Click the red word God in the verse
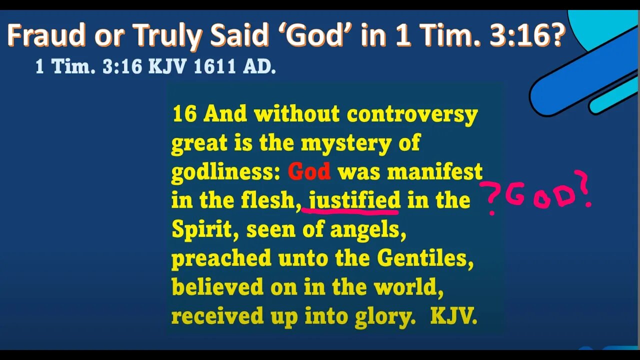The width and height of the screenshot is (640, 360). click(x=309, y=172)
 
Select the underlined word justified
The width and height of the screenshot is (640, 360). click(x=354, y=200)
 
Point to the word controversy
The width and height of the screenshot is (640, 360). click(x=412, y=115)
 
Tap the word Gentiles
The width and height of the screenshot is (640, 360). click(x=425, y=258)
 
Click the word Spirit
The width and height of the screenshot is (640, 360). click(x=202, y=230)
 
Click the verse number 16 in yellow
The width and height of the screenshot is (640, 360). click(x=184, y=114)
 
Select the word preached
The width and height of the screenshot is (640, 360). click(x=221, y=258)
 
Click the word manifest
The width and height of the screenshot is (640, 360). click(x=434, y=172)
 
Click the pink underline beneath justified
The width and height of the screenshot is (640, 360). click(x=350, y=212)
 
